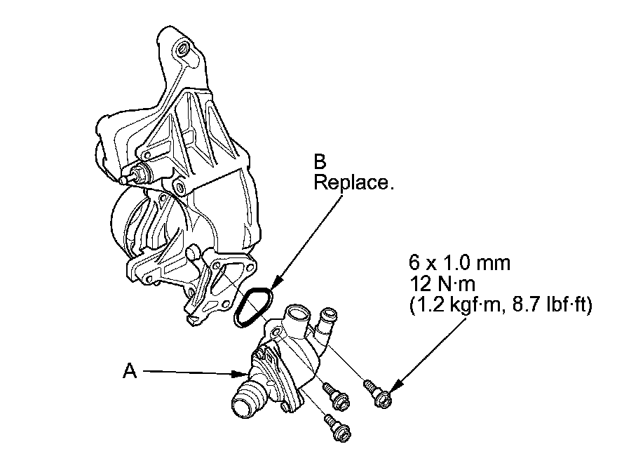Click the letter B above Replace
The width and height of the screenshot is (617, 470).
(x=320, y=162)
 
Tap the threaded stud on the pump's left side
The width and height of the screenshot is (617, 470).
(x=135, y=177)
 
